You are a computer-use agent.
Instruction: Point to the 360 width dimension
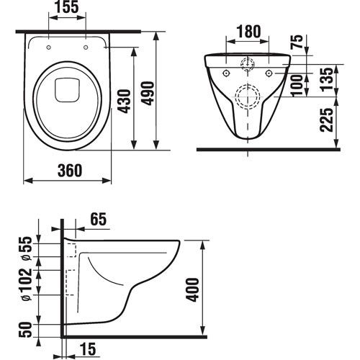tap(67, 170)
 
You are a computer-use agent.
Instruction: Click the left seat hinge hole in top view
tap(48, 48)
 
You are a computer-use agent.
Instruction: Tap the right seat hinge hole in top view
tap(86, 48)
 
